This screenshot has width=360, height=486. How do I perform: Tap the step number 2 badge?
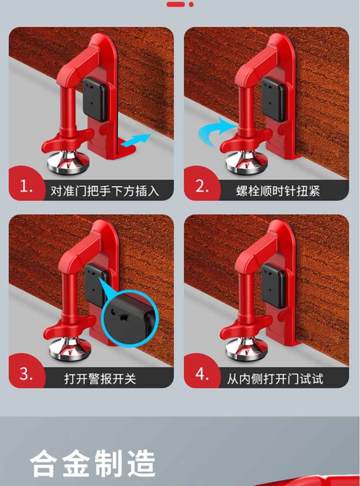pos(202,185)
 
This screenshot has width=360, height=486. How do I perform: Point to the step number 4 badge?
pos(202,373)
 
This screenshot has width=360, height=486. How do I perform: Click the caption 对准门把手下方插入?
pos(105,190)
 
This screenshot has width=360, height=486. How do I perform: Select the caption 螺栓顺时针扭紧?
pos(278,191)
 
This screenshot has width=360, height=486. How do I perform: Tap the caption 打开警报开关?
pos(100,379)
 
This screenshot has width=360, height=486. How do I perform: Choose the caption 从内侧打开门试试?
pos(275,379)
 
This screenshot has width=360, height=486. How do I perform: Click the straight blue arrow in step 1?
pos(136,140)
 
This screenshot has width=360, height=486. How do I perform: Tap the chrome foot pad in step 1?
pos(68,161)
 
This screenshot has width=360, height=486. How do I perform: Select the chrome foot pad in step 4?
pos(246,349)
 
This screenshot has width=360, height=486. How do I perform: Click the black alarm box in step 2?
pos(273,99)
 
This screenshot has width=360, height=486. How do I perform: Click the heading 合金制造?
pos(93,463)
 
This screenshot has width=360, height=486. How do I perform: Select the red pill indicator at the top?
pos(176,4)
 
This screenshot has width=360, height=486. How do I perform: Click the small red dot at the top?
pos(191,4)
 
